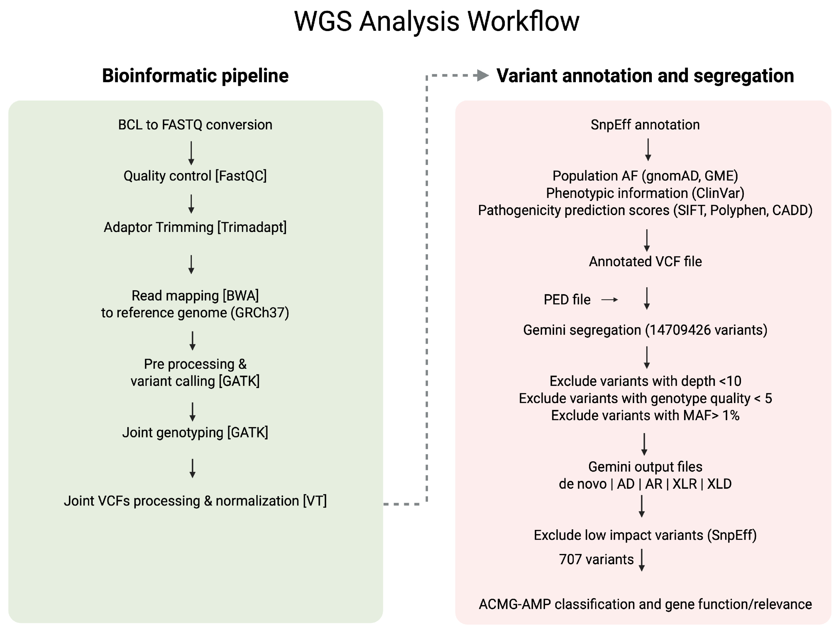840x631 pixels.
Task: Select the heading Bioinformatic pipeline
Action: pos(195,76)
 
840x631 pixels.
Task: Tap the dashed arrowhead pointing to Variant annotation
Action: pos(482,75)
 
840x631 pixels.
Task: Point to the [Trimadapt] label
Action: pos(252,227)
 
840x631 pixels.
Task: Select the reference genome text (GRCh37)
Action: pos(260,313)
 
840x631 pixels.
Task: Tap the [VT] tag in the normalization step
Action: pos(315,501)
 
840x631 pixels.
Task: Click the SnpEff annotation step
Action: pos(645,125)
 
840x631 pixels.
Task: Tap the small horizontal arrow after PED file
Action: pos(610,300)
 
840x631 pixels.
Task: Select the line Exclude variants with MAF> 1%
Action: pos(645,415)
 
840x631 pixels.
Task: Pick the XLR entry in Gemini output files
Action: pos(685,484)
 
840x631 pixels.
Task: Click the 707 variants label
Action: pos(596,560)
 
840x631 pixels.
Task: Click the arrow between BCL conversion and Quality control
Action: pos(191,153)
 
